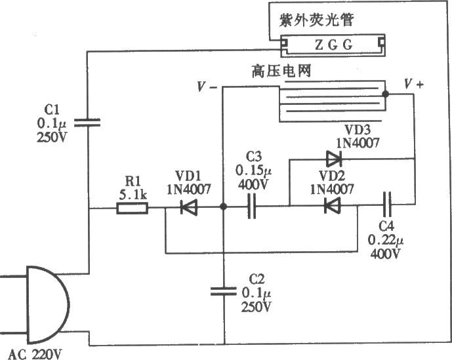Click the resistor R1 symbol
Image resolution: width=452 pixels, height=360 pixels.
point(132,209)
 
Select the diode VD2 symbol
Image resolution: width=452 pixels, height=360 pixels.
point(333,206)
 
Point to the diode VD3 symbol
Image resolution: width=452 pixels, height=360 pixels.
point(334,158)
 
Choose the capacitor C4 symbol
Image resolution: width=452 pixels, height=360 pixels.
point(388,206)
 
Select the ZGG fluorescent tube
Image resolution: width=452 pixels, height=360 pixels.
point(333,45)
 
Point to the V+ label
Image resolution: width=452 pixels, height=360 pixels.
point(414,84)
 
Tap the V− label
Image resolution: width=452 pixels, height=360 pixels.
point(209,86)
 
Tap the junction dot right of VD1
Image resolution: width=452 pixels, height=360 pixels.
point(223,208)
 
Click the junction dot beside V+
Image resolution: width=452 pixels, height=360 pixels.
point(386,94)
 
